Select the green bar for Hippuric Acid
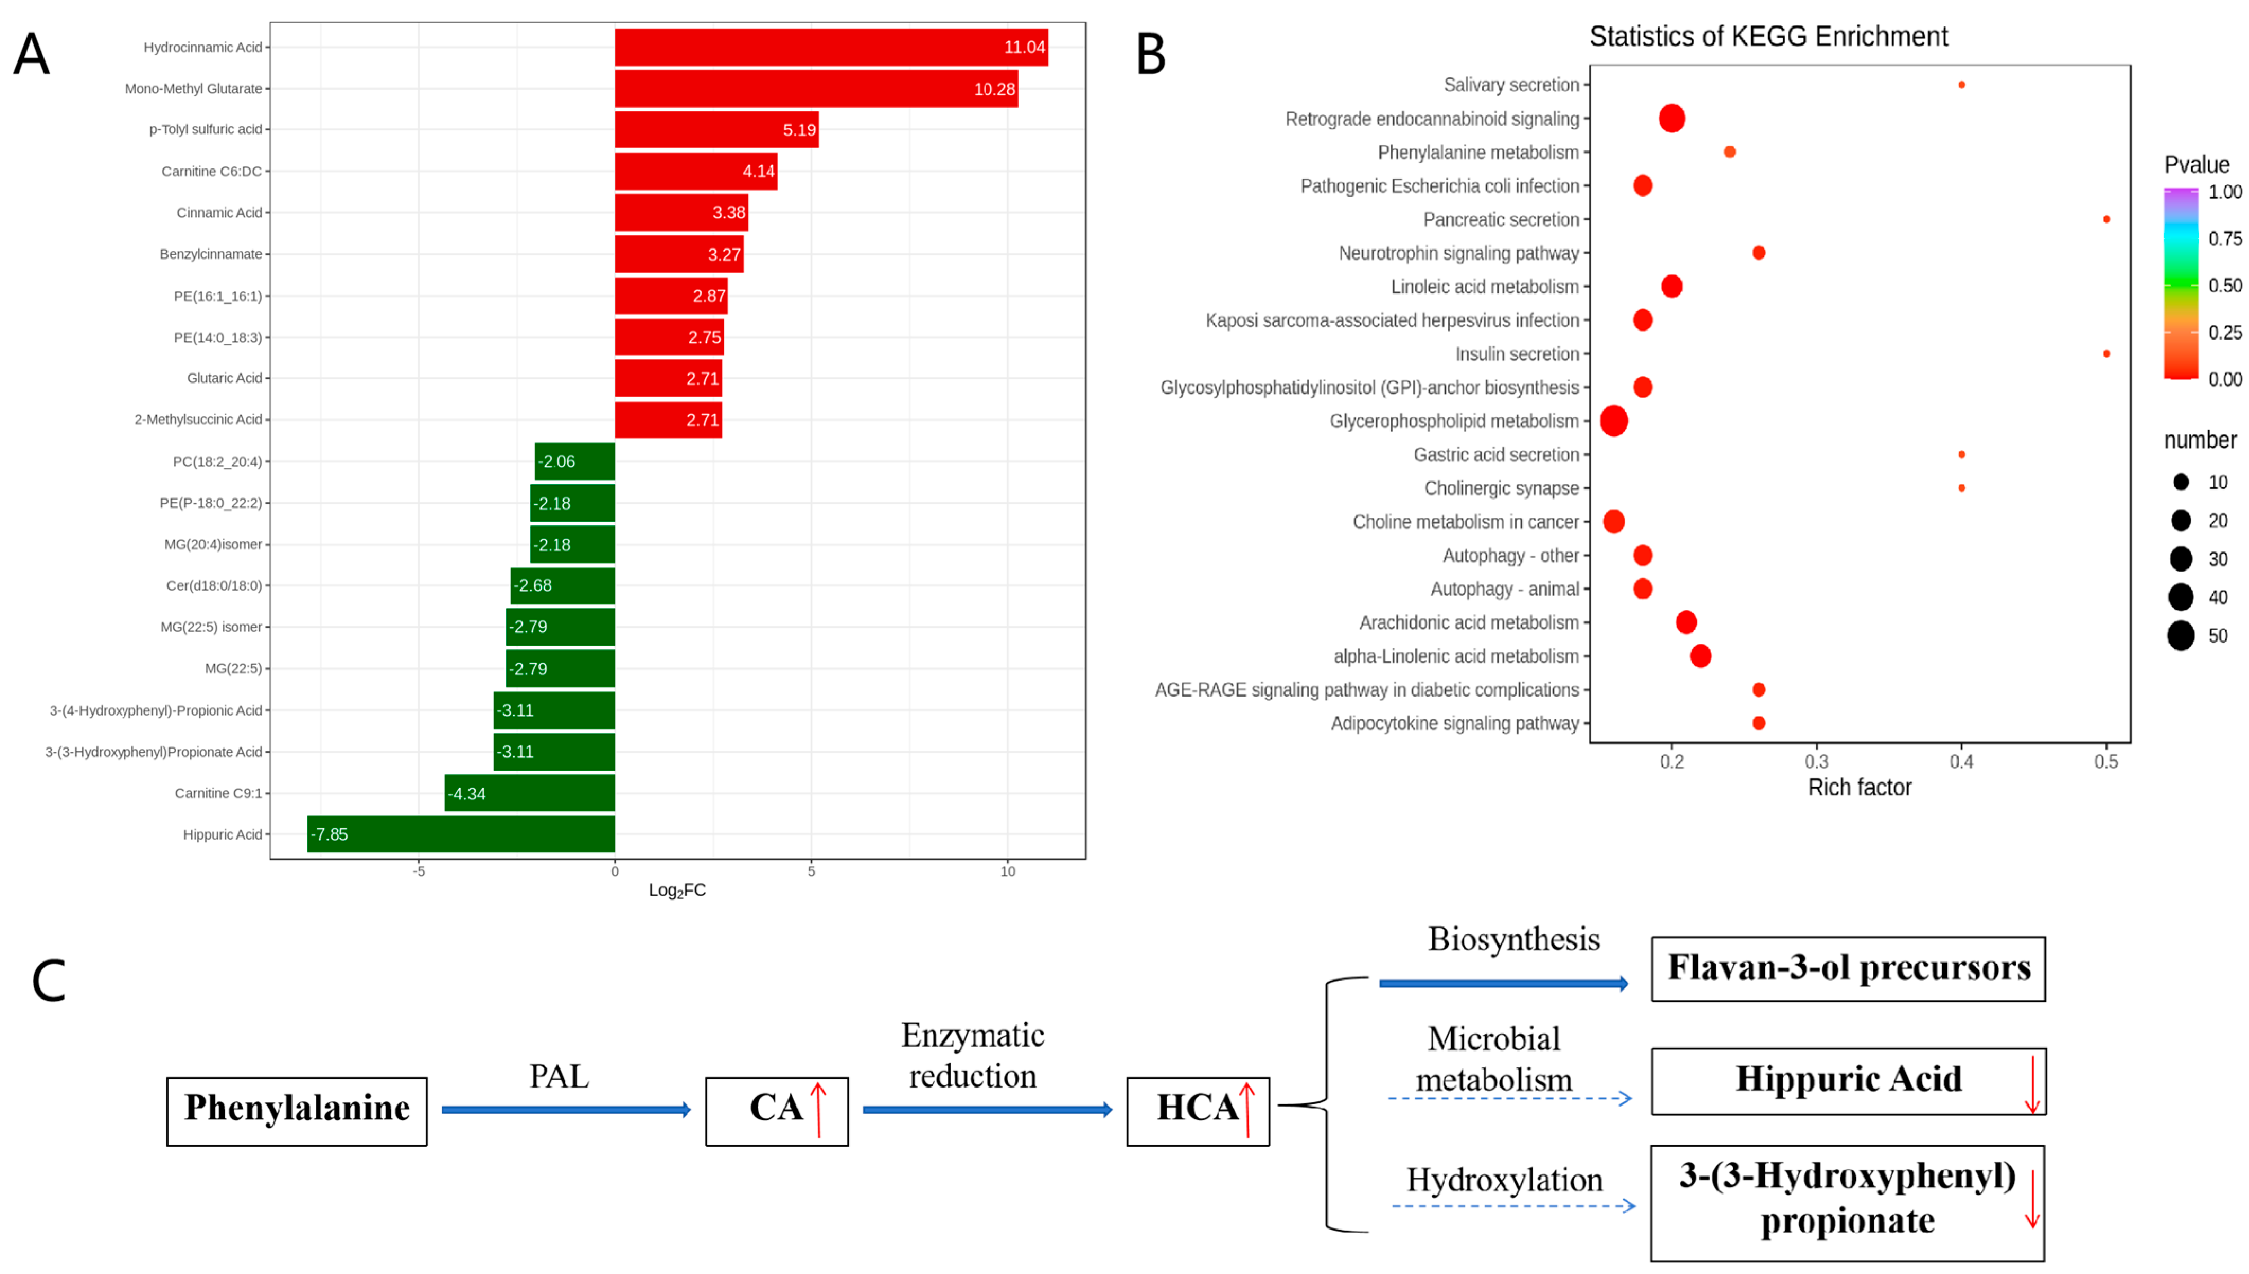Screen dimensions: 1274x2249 point(461,834)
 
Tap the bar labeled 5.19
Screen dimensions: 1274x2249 point(716,129)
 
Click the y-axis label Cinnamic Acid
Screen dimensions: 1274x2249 point(219,212)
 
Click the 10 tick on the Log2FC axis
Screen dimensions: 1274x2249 point(1007,871)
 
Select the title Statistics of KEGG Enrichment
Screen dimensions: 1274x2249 point(1768,37)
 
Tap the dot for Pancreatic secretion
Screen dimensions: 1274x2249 point(2105,219)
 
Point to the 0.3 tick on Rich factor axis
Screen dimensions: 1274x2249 point(1816,761)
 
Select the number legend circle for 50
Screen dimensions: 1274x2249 point(2180,635)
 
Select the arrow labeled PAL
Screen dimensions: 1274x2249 point(565,1109)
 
